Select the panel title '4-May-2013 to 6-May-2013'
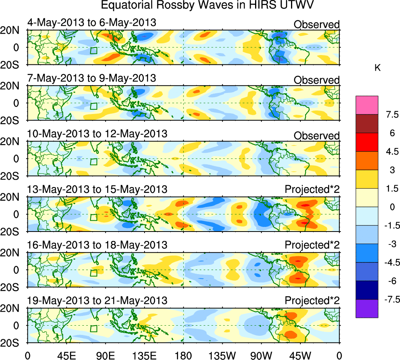[92, 23]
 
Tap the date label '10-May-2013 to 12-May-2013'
[97, 134]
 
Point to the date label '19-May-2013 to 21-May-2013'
[97, 301]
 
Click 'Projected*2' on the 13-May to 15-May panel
[312, 190]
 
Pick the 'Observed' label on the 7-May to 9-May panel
[316, 80]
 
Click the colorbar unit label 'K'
[377, 68]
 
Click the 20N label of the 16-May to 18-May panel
[13, 253]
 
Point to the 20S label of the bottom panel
[13, 342]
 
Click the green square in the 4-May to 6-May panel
[93, 50]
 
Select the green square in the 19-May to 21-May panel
[93, 328]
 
